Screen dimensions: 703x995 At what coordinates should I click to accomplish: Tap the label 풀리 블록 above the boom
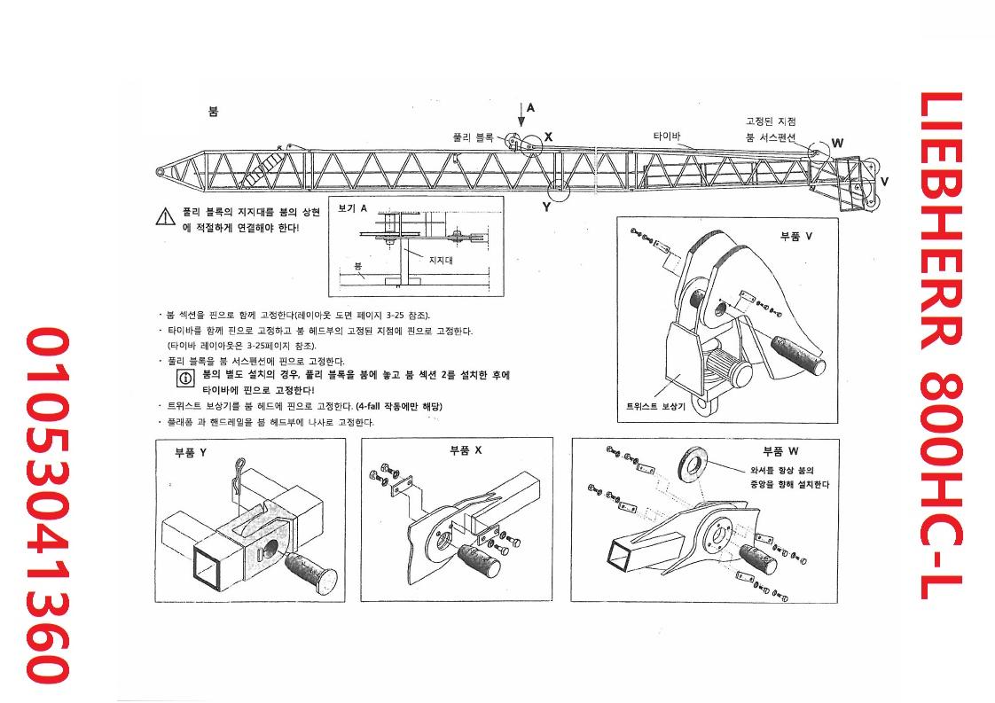click(472, 137)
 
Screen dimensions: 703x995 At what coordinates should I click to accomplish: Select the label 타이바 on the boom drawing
click(666, 137)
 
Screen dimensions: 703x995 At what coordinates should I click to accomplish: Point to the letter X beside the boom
click(549, 137)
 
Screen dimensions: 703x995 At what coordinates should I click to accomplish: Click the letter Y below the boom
click(546, 207)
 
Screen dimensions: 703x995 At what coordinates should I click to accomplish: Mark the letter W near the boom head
click(837, 143)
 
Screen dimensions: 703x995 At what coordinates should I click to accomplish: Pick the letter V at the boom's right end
click(884, 181)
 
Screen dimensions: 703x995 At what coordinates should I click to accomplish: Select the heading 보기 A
click(353, 207)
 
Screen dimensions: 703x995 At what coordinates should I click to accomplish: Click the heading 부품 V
click(795, 237)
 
